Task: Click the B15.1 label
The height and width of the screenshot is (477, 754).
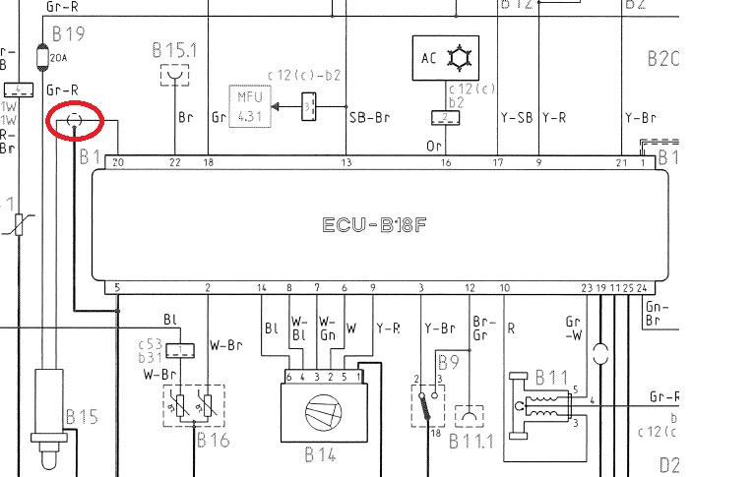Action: coord(175,48)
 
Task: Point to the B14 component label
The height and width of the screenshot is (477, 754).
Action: coord(321,456)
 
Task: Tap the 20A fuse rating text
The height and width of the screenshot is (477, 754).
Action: coord(58,59)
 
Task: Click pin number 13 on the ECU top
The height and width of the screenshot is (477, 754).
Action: coord(346,162)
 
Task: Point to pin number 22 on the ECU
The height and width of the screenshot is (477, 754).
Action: coord(175,162)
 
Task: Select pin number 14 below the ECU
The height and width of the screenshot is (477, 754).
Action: coord(262,288)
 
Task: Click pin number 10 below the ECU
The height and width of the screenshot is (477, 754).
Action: coord(505,288)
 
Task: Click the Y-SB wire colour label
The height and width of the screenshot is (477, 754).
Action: coord(516,117)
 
